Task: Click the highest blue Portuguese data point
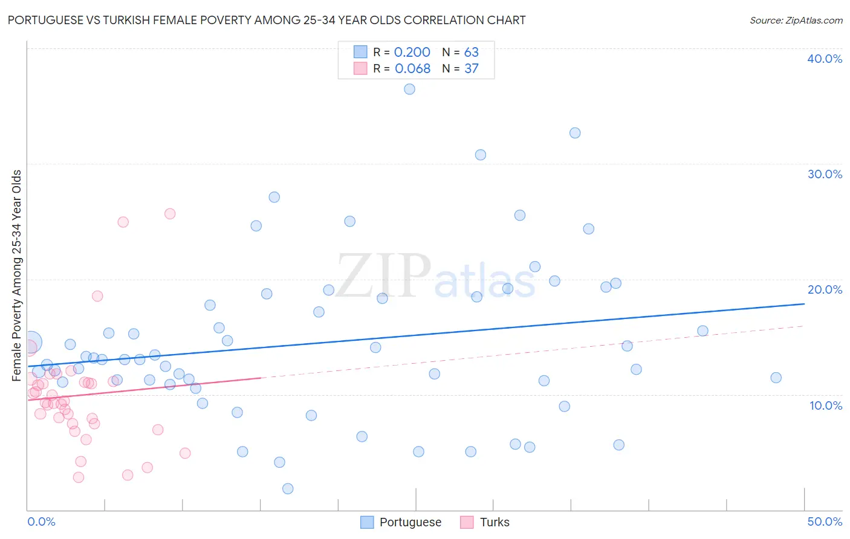409,89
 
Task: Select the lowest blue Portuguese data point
288,488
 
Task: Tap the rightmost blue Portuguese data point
776,378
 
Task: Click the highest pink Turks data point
170,214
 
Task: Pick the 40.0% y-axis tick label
825,59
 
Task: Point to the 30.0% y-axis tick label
825,174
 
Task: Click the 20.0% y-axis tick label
825,289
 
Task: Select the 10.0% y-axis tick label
826,405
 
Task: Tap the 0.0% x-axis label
41,521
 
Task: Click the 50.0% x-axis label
825,521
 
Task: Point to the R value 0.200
412,53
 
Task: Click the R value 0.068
412,69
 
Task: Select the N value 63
471,53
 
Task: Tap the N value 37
471,69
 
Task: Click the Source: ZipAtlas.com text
796,20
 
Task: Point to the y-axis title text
16,276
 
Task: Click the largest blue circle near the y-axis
31,342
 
